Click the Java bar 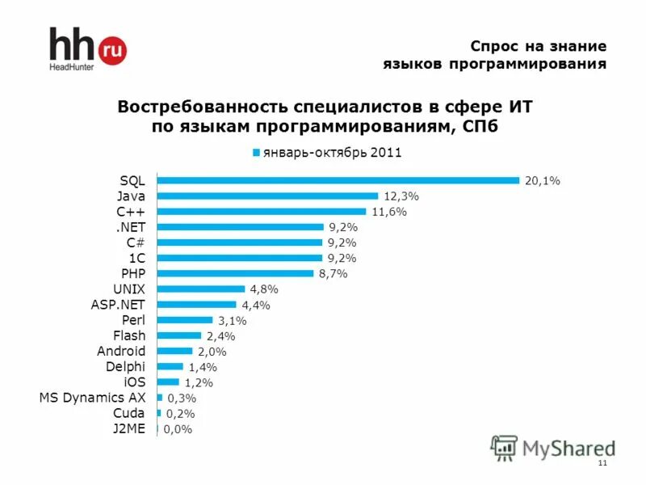[x=267, y=196]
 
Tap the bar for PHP [x=235, y=273]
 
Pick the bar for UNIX [x=200, y=289]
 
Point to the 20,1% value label [x=542, y=181]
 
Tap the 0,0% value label [x=178, y=429]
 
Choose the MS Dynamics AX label [x=92, y=398]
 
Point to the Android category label [x=120, y=351]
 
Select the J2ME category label [x=129, y=428]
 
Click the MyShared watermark [x=553, y=447]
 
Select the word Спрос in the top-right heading [x=496, y=46]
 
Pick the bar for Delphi [x=170, y=366]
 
